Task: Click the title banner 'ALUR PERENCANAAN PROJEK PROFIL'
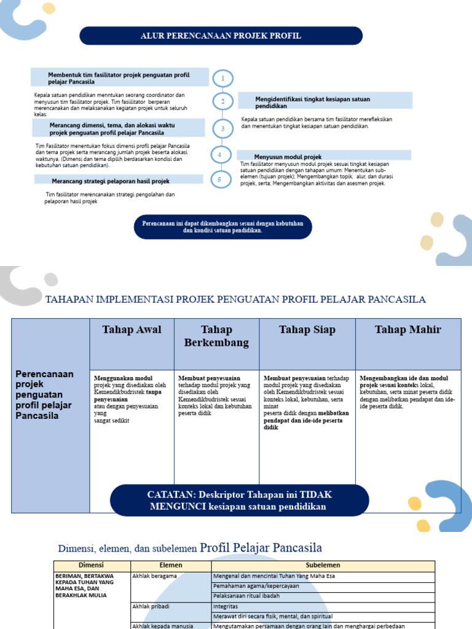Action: (x=221, y=36)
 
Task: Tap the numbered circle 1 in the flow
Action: (x=222, y=78)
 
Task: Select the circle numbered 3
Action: (x=222, y=128)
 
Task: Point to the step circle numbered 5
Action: (x=219, y=179)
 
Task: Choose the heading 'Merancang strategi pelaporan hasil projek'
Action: (x=111, y=181)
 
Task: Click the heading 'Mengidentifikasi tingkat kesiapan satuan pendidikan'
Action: (x=313, y=102)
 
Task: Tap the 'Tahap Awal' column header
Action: (x=132, y=330)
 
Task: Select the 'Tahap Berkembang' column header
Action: (x=216, y=336)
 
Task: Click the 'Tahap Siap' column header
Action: (x=307, y=330)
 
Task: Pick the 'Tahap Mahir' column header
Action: (x=408, y=330)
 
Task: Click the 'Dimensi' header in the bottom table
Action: (x=92, y=565)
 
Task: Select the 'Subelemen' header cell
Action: (x=323, y=565)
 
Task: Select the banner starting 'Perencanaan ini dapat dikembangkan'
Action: (x=222, y=227)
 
